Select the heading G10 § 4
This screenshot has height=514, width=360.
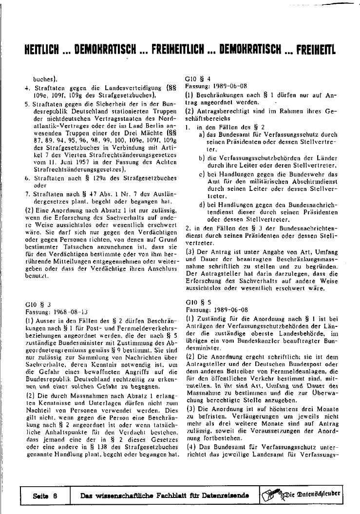199,78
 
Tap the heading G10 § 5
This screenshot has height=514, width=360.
199,303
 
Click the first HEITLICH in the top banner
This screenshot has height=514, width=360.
41,51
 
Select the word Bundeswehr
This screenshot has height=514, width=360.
312,173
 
